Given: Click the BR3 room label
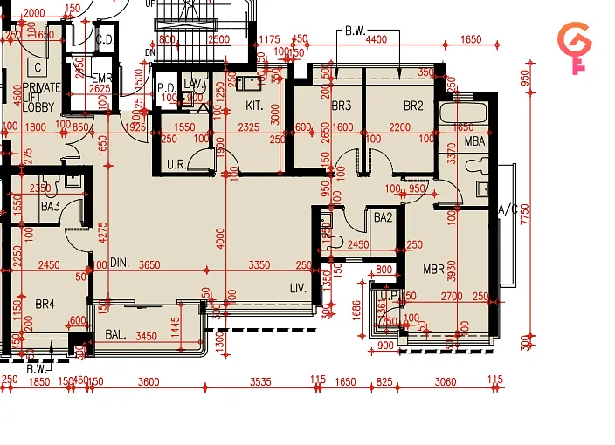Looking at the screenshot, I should click(x=341, y=106).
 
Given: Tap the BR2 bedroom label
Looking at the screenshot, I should click(x=413, y=106).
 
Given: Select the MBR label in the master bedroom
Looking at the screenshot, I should click(x=434, y=269).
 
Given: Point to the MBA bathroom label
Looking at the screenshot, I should click(x=474, y=141).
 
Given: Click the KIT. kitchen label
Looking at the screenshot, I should click(x=254, y=106).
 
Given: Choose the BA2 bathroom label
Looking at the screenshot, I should click(x=383, y=217).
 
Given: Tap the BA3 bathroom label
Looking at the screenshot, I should click(x=50, y=207).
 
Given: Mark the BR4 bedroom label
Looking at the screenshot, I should click(x=45, y=304).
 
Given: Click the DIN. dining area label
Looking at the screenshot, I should click(x=120, y=263).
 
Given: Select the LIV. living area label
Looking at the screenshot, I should click(x=298, y=287).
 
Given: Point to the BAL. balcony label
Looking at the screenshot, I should click(x=116, y=335).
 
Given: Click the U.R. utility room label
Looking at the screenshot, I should click(x=175, y=164).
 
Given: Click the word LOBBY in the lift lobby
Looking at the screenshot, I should click(x=39, y=107).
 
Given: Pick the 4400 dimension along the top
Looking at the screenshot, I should click(x=377, y=39).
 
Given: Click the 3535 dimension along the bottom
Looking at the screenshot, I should click(x=260, y=381).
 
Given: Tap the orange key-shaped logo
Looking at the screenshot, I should click(x=574, y=48).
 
